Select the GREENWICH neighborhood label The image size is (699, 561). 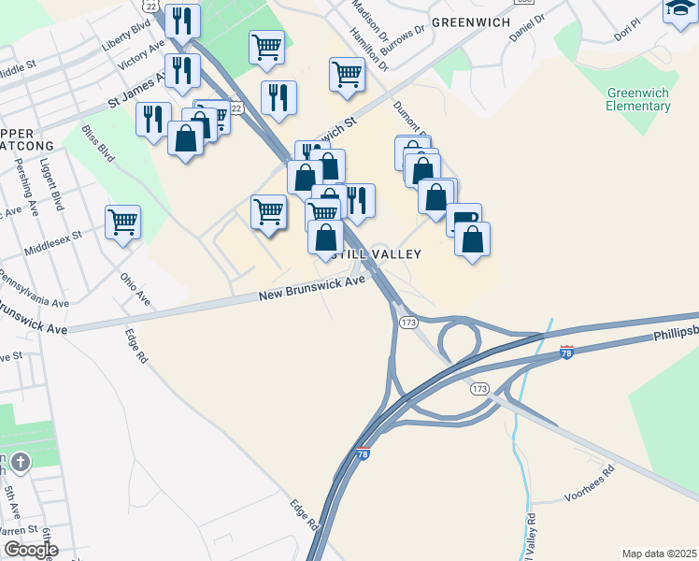point(470,22)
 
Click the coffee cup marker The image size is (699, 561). point(464,220)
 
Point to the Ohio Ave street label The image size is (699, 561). point(136,289)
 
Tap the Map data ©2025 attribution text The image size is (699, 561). point(659,554)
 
